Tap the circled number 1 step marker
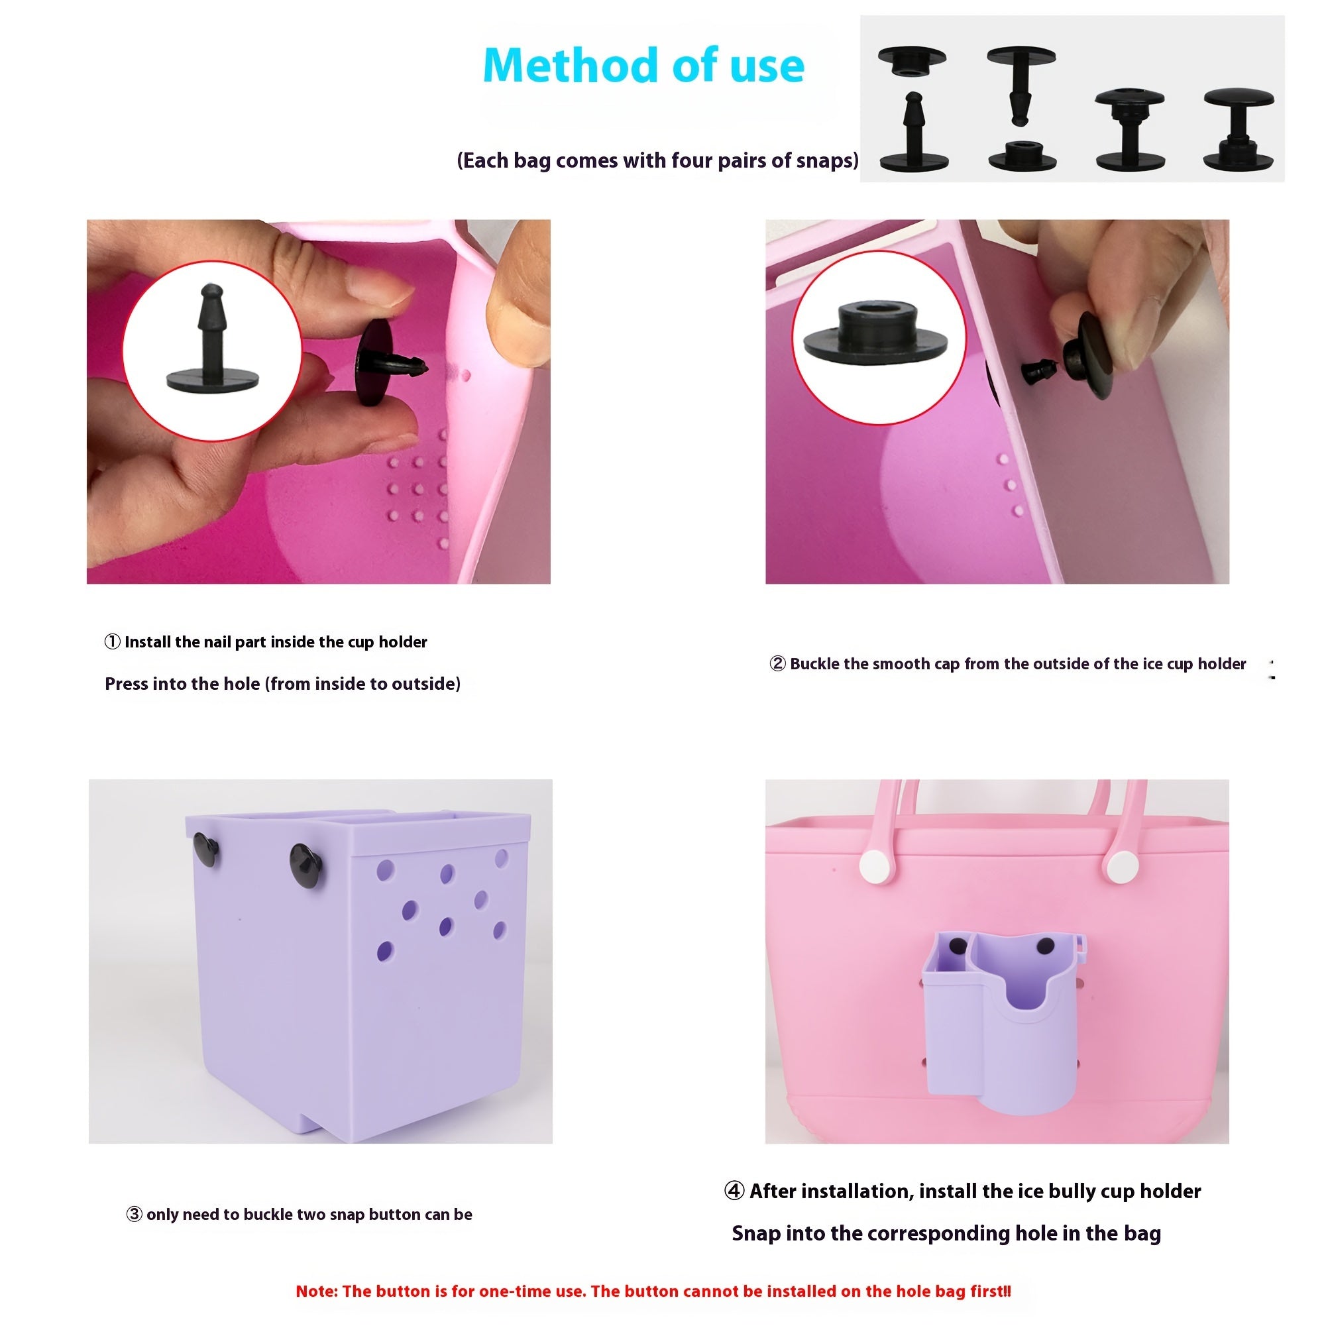[113, 641]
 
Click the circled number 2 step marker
[777, 664]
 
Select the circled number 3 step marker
[135, 1214]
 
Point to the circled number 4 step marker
[734, 1191]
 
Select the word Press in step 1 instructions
[127, 684]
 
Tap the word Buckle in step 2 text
[814, 664]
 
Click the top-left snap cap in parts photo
[911, 59]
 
